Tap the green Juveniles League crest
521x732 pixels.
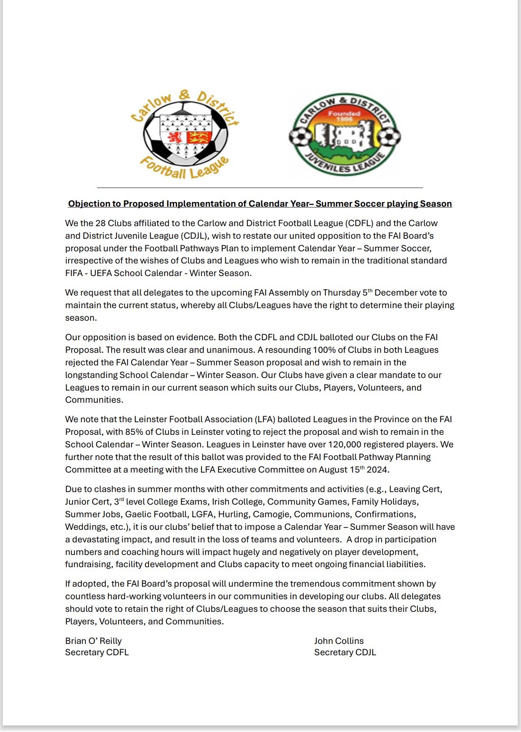[345, 134]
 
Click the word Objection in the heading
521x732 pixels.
[86, 204]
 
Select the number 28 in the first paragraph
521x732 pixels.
[100, 223]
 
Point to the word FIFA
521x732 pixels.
[74, 273]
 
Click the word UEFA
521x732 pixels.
[101, 273]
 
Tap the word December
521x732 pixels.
[395, 293]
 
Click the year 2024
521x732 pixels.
[378, 470]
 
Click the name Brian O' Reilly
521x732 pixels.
[93, 641]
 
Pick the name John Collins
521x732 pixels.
[339, 641]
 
